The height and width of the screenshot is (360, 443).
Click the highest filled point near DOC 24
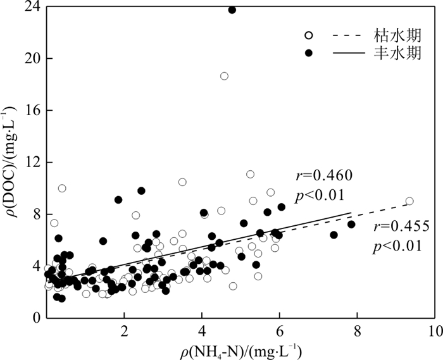click(232, 10)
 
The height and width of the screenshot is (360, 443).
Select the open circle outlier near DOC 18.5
click(224, 76)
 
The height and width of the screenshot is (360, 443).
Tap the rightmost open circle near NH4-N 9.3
click(409, 201)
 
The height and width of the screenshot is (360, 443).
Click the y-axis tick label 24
click(30, 6)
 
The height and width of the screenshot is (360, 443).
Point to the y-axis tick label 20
click(30, 58)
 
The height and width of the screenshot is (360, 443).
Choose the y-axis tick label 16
click(30, 110)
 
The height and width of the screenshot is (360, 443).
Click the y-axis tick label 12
click(30, 162)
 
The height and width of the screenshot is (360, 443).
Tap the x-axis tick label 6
click(279, 332)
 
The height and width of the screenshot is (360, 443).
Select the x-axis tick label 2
click(124, 332)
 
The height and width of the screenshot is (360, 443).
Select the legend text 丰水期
click(393, 53)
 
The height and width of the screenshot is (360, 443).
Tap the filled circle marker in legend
click(309, 53)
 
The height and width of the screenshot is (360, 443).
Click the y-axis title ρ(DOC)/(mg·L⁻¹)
click(11, 163)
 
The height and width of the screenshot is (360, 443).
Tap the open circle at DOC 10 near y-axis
click(62, 188)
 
